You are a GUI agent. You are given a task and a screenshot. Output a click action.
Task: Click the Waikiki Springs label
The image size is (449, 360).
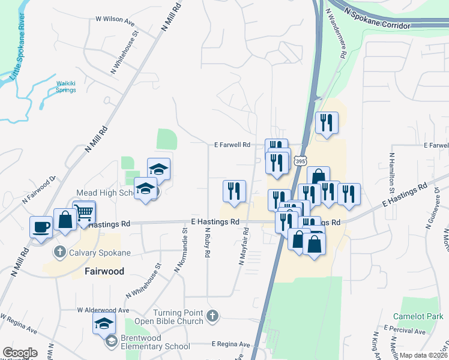click(x=66, y=86)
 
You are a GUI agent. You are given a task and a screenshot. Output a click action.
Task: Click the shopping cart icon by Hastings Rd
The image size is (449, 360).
click(x=85, y=212)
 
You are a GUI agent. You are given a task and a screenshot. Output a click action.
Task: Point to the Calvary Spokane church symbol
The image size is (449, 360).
click(x=59, y=252)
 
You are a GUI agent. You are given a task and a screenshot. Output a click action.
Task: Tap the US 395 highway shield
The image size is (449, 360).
click(x=301, y=161)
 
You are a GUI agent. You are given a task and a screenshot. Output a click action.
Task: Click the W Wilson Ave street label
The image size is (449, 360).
click(x=115, y=19)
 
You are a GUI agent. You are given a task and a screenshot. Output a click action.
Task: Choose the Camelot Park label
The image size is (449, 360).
click(x=418, y=316)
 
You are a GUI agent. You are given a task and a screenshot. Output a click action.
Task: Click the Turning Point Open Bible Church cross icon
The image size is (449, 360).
click(x=212, y=316)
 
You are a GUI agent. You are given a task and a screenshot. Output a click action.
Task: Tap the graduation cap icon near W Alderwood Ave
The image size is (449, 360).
click(x=104, y=323)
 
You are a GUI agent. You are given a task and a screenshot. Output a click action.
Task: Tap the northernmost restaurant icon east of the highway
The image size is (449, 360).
click(x=327, y=122)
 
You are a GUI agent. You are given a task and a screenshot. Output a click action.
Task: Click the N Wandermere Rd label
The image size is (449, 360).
click(x=336, y=33)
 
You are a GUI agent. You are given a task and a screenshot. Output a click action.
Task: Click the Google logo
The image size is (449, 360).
click(x=20, y=353)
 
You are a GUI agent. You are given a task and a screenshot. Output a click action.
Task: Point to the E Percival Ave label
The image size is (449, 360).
click(x=408, y=331)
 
